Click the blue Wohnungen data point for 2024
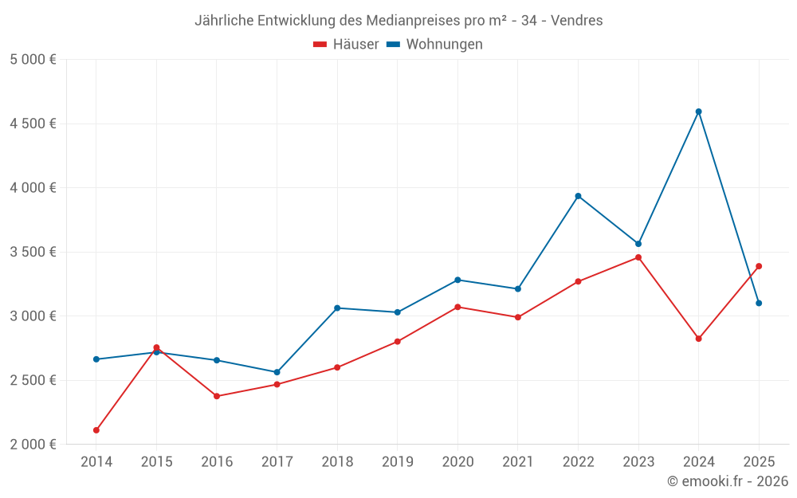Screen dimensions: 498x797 tap(698, 112)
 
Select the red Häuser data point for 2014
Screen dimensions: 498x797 tap(96, 430)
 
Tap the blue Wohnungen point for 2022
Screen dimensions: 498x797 tap(578, 196)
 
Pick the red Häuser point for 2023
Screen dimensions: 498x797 tap(638, 257)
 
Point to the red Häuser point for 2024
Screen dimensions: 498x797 tap(698, 339)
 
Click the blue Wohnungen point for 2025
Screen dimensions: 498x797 tap(759, 303)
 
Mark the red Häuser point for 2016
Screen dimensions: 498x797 tap(217, 396)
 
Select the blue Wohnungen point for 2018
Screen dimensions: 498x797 tap(337, 308)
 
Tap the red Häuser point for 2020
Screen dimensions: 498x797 tap(457, 307)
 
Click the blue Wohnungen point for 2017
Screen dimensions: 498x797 tap(277, 372)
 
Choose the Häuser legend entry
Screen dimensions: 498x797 tap(346, 45)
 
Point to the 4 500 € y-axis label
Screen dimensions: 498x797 tap(33, 124)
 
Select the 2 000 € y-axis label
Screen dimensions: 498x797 tap(33, 445)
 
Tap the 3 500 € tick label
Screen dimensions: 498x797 tap(33, 252)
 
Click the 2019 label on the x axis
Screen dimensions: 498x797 tap(397, 461)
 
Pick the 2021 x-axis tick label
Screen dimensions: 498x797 tap(517, 461)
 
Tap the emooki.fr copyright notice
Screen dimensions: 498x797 tap(727, 481)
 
